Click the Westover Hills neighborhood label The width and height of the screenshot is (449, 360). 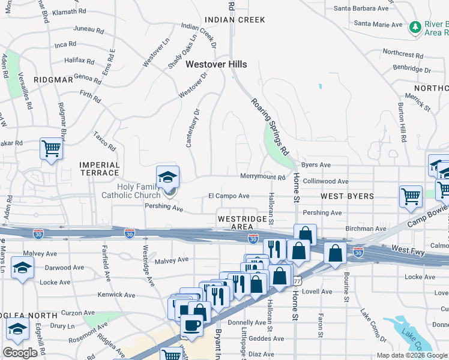[216, 64]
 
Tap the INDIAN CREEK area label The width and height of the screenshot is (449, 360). [235, 20]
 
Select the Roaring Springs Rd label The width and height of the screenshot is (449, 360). [271, 125]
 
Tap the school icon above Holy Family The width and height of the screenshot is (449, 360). [167, 176]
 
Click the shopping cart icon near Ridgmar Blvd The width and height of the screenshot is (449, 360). [52, 148]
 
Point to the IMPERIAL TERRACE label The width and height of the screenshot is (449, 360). [100, 169]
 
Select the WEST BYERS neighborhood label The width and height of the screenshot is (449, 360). [347, 196]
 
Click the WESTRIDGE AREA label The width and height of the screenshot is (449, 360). [242, 223]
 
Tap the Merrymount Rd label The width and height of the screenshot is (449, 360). [262, 177]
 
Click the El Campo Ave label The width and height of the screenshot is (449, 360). [229, 196]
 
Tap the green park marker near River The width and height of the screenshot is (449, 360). [415, 27]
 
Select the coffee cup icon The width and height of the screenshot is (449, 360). [192, 325]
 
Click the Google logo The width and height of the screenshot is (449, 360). [20, 353]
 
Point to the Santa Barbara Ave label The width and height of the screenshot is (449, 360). [361, 8]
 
